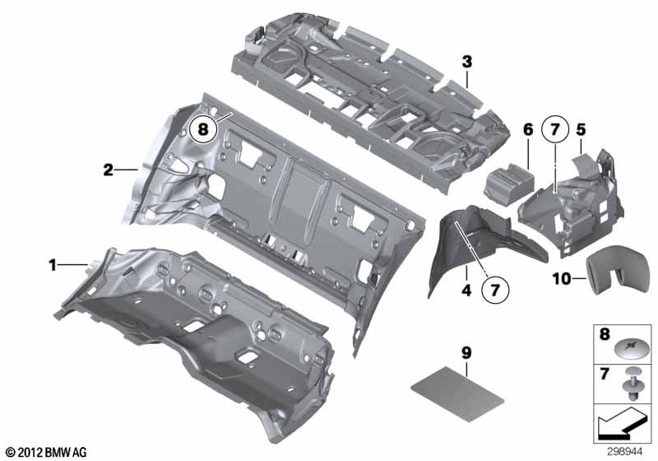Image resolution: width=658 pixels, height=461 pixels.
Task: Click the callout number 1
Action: [x=53, y=265]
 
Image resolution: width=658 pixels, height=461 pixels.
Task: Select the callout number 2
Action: [x=109, y=170]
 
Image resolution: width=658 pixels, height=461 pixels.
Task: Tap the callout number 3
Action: [x=467, y=62]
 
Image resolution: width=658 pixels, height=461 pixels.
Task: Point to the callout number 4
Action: [x=466, y=290]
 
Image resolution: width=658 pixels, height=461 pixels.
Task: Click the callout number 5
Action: [x=581, y=130]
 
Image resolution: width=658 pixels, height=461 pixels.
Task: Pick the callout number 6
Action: [x=528, y=130]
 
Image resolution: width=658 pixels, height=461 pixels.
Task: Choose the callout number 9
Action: [x=466, y=353]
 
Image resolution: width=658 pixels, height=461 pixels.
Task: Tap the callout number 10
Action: [x=562, y=278]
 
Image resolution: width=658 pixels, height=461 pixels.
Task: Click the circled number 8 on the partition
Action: [x=203, y=129]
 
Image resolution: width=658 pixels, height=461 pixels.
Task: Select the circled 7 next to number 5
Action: [x=554, y=130]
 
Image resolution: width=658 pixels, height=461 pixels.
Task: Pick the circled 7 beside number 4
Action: [x=495, y=290]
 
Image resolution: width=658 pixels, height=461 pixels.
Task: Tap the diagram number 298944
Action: [x=624, y=452]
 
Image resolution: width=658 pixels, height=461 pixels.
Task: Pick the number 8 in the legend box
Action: [x=605, y=334]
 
